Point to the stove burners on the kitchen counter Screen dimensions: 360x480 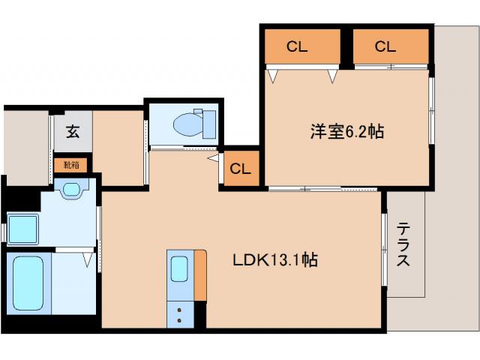click(180, 313)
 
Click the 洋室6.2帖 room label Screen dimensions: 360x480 click(347, 132)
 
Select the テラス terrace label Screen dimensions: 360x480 click(403, 244)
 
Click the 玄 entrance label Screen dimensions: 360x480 click(72, 132)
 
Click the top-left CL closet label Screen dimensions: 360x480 click(297, 47)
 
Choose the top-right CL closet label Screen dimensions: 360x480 click(385, 47)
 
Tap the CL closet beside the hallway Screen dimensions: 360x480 click(240, 168)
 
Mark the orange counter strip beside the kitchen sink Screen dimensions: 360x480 click(199, 275)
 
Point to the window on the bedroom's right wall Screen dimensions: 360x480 click(431, 109)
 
